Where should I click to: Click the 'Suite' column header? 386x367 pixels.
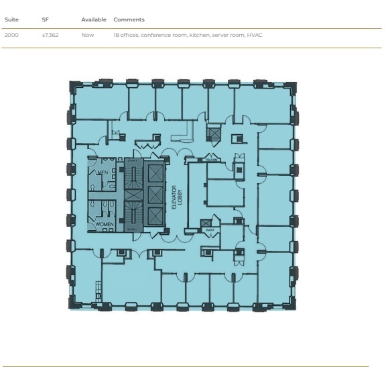click(x=11, y=20)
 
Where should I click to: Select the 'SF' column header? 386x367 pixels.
click(x=46, y=20)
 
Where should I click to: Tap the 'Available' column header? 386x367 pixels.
click(x=94, y=20)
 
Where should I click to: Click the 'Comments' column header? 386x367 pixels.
click(x=129, y=20)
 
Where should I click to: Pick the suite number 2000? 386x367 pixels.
click(x=11, y=34)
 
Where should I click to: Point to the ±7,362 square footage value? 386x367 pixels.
click(x=50, y=34)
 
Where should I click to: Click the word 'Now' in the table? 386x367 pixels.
click(x=87, y=34)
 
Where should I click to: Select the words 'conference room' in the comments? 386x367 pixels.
click(x=159, y=34)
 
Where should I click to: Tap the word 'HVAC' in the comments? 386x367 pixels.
click(x=255, y=34)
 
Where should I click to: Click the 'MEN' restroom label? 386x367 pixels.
click(x=103, y=172)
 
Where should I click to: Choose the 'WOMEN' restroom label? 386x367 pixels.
click(x=105, y=223)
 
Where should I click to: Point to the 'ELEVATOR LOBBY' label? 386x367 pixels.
click(x=176, y=198)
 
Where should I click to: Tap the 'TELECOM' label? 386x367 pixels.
click(x=210, y=160)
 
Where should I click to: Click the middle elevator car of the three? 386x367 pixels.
click(x=154, y=195)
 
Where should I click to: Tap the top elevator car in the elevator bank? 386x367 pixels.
click(x=154, y=172)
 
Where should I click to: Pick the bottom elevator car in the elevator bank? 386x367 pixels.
click(x=154, y=216)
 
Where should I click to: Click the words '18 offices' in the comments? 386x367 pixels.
click(x=125, y=34)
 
